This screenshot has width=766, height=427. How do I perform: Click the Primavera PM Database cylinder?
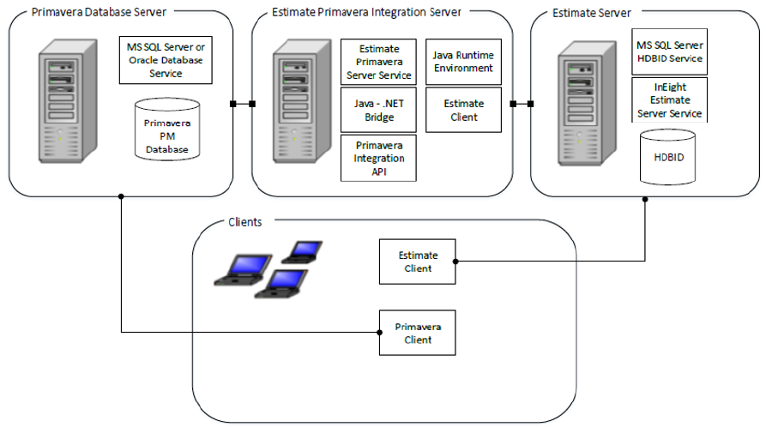pyautogui.click(x=167, y=130)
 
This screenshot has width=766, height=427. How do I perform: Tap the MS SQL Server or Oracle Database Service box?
pyautogui.click(x=166, y=59)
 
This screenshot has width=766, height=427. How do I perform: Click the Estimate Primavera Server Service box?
pyautogui.click(x=378, y=63)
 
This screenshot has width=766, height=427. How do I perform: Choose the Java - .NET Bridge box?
pyautogui.click(x=378, y=111)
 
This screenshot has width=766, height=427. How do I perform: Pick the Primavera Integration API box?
pyautogui.click(x=378, y=158)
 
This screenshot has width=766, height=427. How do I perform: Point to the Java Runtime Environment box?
pyautogui.click(x=463, y=62)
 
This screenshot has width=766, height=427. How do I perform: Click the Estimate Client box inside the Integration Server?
pyautogui.click(x=463, y=110)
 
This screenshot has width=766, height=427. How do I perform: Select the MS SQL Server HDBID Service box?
pyautogui.click(x=669, y=52)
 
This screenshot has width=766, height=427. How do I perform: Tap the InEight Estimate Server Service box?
pyautogui.click(x=669, y=99)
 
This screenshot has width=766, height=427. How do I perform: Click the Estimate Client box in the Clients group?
pyautogui.click(x=418, y=262)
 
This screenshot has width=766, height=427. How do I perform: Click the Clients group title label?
pyautogui.click(x=244, y=221)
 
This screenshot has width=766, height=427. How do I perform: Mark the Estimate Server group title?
pyautogui.click(x=592, y=13)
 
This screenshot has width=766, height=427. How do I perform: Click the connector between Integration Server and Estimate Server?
pyautogui.click(x=522, y=105)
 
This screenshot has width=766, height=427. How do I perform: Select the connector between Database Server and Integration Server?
pyautogui.click(x=243, y=105)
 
